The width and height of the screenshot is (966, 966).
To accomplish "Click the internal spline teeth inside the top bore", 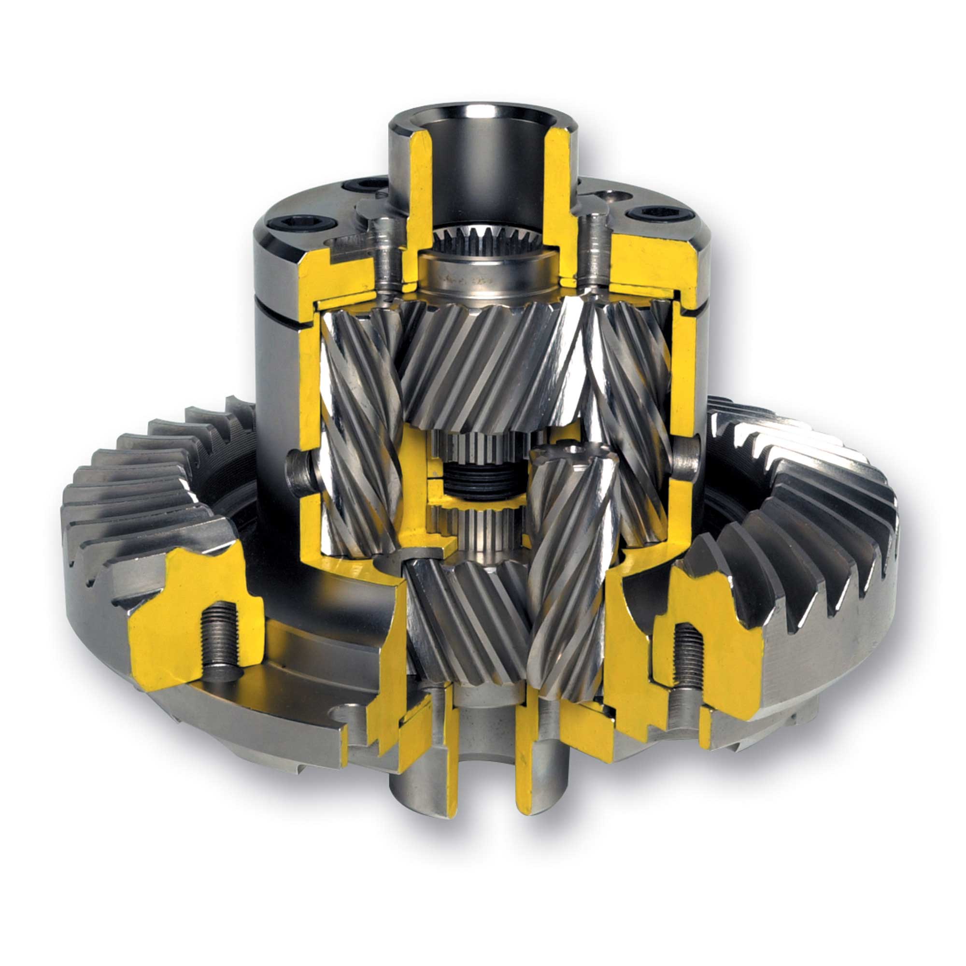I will point(480,239).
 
